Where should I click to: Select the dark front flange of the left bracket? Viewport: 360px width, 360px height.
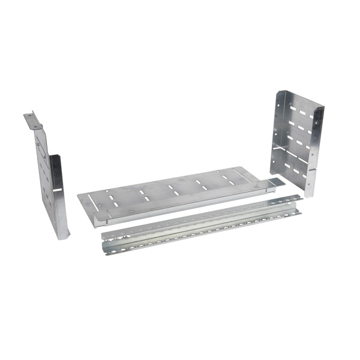55,180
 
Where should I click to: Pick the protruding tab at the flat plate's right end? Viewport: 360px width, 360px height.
275,182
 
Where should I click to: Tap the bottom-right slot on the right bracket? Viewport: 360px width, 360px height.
305,170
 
